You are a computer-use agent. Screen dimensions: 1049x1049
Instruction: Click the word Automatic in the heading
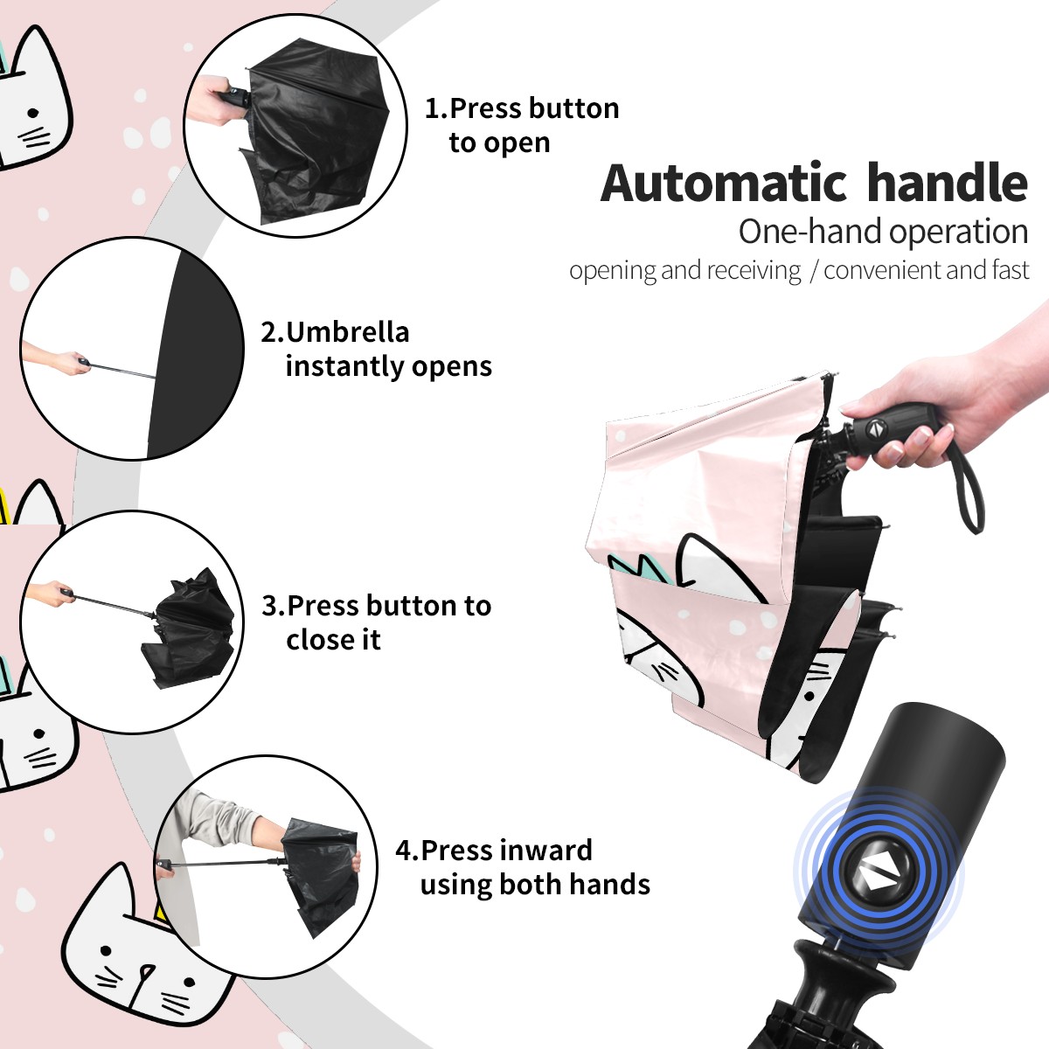724,184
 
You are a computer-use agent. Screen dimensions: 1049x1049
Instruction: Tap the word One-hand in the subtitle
811,232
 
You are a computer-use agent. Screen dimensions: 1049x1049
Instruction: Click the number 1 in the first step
433,108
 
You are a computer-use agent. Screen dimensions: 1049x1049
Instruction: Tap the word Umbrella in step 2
348,332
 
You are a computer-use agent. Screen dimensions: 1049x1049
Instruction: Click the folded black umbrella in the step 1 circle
316,130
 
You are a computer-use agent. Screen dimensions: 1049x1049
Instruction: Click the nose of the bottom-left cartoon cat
146,970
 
